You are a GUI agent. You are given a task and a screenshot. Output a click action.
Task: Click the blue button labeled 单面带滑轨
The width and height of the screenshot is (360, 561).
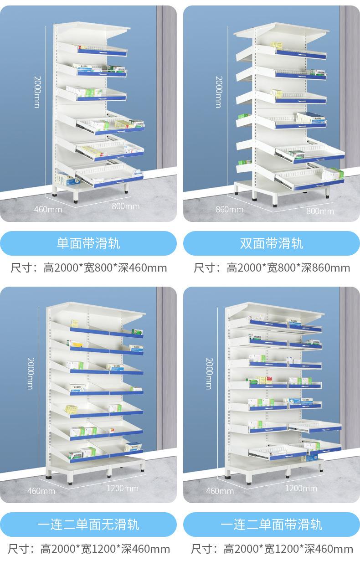click(88, 243)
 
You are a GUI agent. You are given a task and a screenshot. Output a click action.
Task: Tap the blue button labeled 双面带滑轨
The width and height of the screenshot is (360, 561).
click(272, 243)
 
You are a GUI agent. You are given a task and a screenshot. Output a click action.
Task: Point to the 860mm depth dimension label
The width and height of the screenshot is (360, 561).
click(229, 209)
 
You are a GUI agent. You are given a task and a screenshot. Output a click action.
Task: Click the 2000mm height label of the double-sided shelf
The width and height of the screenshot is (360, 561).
click(219, 91)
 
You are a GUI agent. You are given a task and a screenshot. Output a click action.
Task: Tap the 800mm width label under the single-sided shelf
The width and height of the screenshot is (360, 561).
click(126, 206)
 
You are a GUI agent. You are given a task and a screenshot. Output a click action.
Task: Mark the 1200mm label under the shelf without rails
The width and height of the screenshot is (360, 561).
click(123, 488)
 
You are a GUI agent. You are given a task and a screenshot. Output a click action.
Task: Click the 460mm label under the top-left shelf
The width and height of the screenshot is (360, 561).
click(48, 209)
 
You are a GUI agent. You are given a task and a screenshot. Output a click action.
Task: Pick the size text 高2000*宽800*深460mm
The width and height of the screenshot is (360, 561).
click(105, 268)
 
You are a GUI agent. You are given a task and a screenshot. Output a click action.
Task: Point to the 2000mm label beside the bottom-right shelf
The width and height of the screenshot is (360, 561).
click(209, 373)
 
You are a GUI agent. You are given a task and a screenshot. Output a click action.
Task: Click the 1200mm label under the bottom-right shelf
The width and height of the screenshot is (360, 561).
click(301, 488)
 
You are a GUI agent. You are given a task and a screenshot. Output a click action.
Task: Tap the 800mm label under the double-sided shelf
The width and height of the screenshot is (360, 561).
click(320, 211)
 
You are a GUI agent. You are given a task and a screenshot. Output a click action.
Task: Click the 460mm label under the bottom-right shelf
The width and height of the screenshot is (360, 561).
click(220, 491)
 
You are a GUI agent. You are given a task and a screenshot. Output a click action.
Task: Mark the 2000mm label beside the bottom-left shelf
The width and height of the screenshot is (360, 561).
click(30, 373)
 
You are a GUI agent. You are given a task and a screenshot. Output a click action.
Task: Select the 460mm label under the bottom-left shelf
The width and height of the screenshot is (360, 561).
click(41, 491)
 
